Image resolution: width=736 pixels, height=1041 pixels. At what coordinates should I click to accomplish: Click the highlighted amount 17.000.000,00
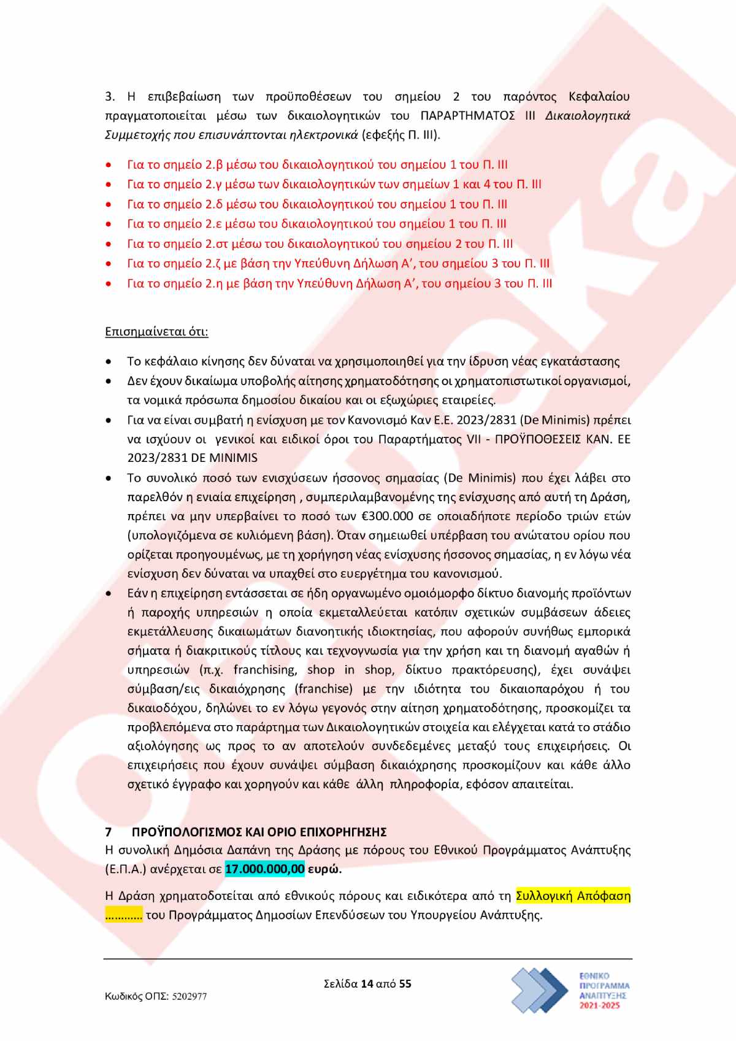click(x=264, y=869)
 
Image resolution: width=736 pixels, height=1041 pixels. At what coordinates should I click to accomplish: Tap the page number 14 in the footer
click(x=367, y=984)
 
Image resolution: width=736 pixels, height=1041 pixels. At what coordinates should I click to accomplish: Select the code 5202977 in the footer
click(x=189, y=997)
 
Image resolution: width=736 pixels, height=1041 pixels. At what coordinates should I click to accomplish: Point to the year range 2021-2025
click(x=600, y=1006)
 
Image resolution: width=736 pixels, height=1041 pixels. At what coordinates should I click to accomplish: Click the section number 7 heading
click(x=109, y=832)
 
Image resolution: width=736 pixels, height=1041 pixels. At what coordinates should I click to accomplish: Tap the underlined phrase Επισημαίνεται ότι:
click(x=156, y=332)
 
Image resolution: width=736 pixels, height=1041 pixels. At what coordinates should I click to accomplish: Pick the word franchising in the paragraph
click(x=265, y=670)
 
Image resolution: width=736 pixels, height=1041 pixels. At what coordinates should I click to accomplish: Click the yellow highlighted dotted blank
click(x=124, y=915)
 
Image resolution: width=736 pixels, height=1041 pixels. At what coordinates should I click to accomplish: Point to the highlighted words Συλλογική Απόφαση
click(x=573, y=896)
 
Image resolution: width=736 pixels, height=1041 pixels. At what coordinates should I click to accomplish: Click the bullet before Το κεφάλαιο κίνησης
click(x=109, y=362)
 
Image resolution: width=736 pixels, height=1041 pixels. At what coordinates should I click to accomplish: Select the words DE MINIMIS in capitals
click(x=224, y=458)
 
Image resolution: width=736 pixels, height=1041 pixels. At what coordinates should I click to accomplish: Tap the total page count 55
click(x=405, y=984)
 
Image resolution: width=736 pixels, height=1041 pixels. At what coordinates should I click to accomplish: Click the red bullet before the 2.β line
click(x=109, y=166)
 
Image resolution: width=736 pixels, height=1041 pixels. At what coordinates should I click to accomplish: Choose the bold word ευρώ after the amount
click(x=324, y=869)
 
